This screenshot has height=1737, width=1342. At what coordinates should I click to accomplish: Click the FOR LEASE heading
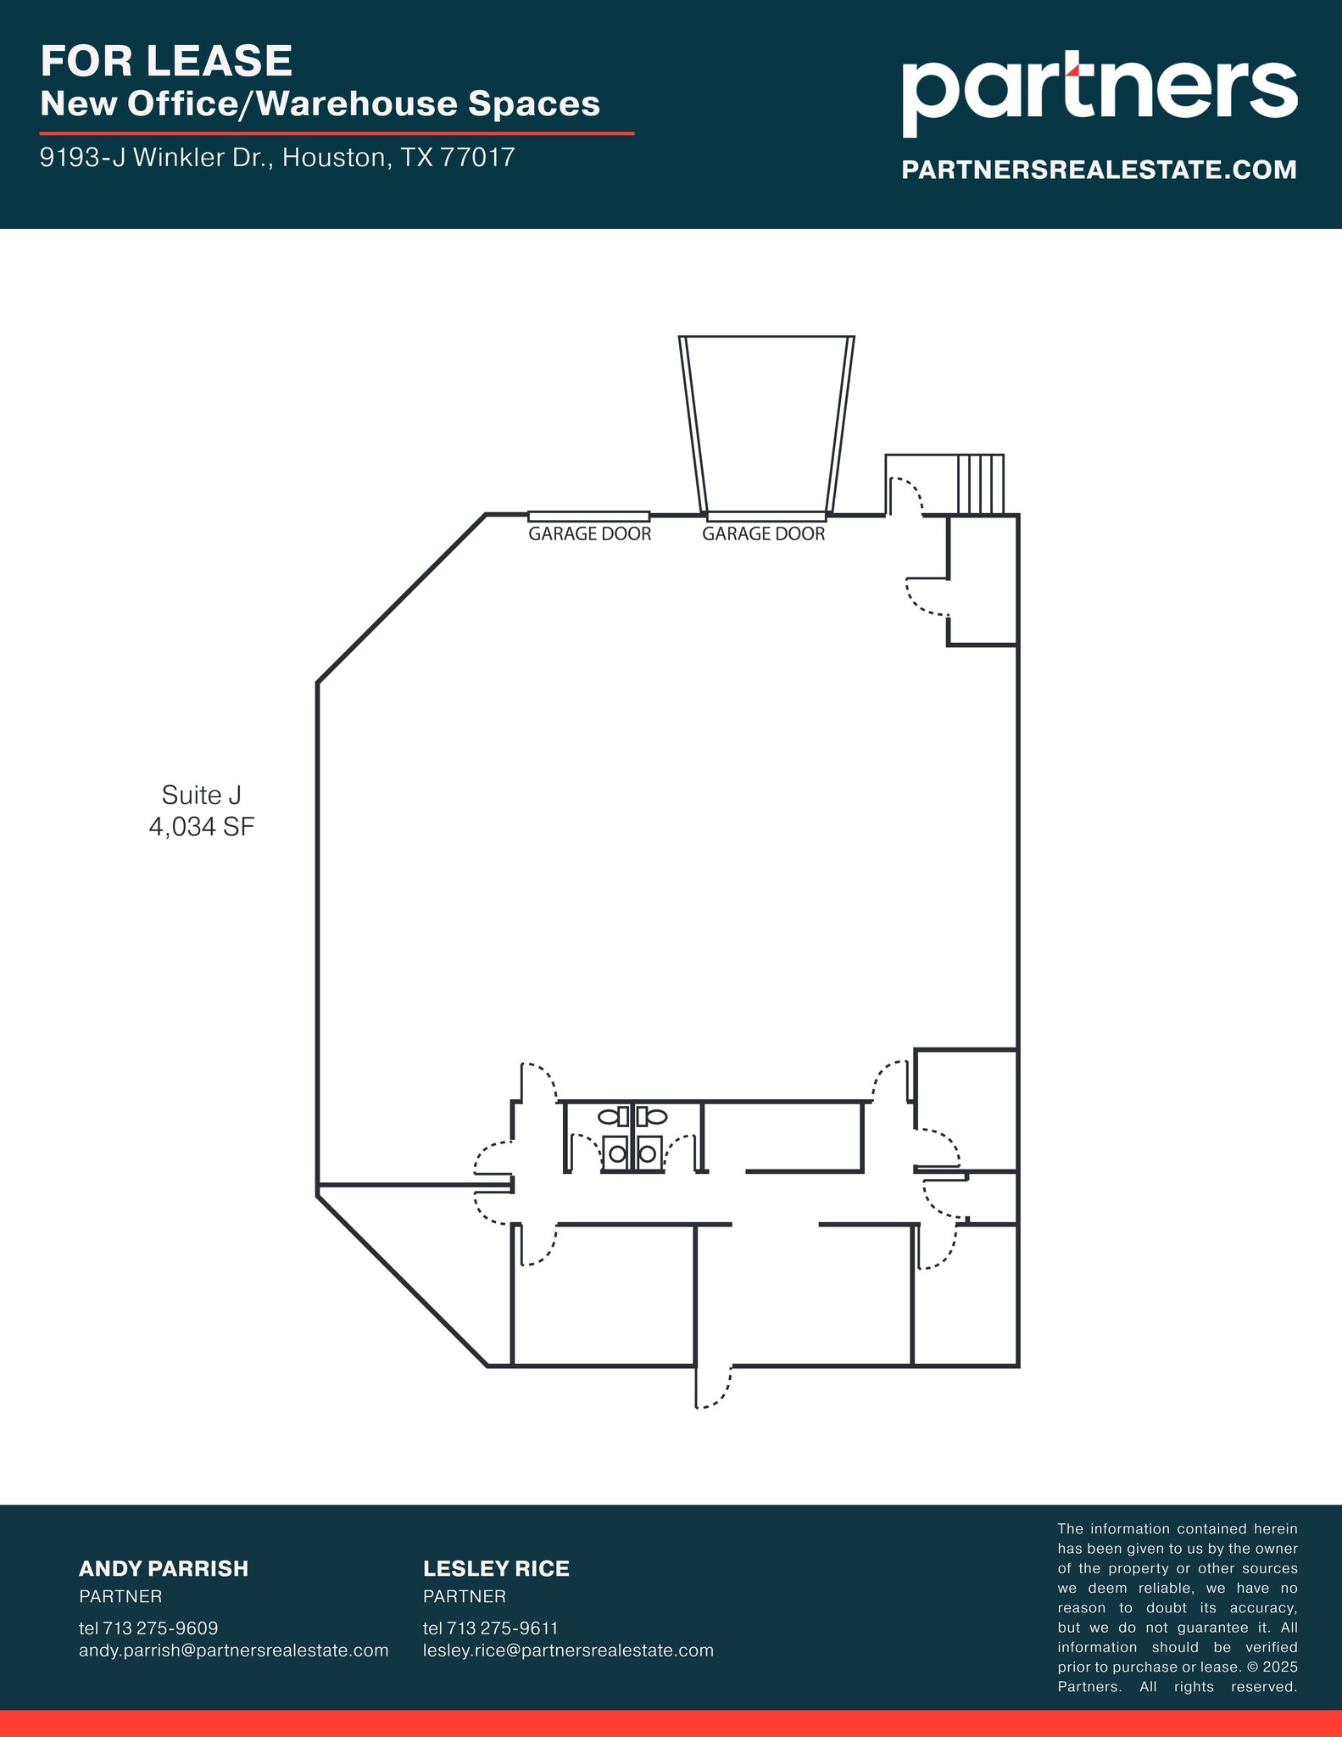166,61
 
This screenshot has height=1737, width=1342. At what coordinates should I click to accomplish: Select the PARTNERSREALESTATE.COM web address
1099,170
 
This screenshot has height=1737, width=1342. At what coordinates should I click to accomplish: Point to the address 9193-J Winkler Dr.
277,158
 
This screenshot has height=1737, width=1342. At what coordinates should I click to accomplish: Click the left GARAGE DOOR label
589,534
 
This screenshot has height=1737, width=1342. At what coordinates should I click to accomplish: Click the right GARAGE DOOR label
763,534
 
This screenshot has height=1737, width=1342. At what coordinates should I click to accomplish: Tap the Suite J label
201,795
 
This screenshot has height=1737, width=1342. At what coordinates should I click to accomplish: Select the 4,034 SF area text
201,827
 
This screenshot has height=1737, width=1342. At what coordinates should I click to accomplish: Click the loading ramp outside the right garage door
766,424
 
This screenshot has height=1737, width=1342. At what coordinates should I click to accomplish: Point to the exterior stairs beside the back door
980,484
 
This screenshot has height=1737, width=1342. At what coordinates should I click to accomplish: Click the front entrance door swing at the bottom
713,1385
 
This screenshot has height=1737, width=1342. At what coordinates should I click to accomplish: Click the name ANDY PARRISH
164,1569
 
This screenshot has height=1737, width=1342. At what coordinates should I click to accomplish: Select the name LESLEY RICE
496,1569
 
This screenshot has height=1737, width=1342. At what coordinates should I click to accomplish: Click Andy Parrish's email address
233,1650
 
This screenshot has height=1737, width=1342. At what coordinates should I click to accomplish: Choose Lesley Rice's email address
568,1650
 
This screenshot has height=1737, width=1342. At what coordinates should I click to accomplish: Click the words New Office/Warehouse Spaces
320,104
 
